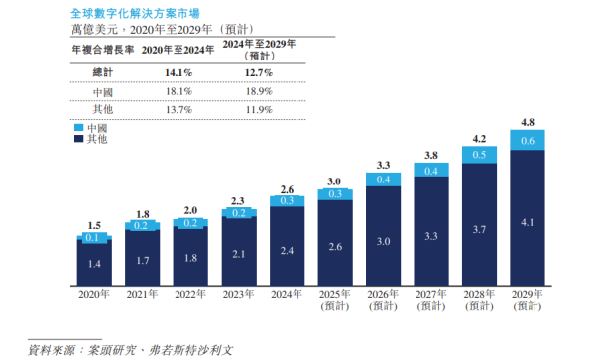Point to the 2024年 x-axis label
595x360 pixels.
[287, 294]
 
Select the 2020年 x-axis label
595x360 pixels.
[94, 294]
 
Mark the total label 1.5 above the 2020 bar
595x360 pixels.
[94, 225]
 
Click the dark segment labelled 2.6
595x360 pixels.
[334, 245]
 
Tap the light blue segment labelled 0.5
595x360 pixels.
[478, 155]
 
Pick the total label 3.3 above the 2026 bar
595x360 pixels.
[383, 164]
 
